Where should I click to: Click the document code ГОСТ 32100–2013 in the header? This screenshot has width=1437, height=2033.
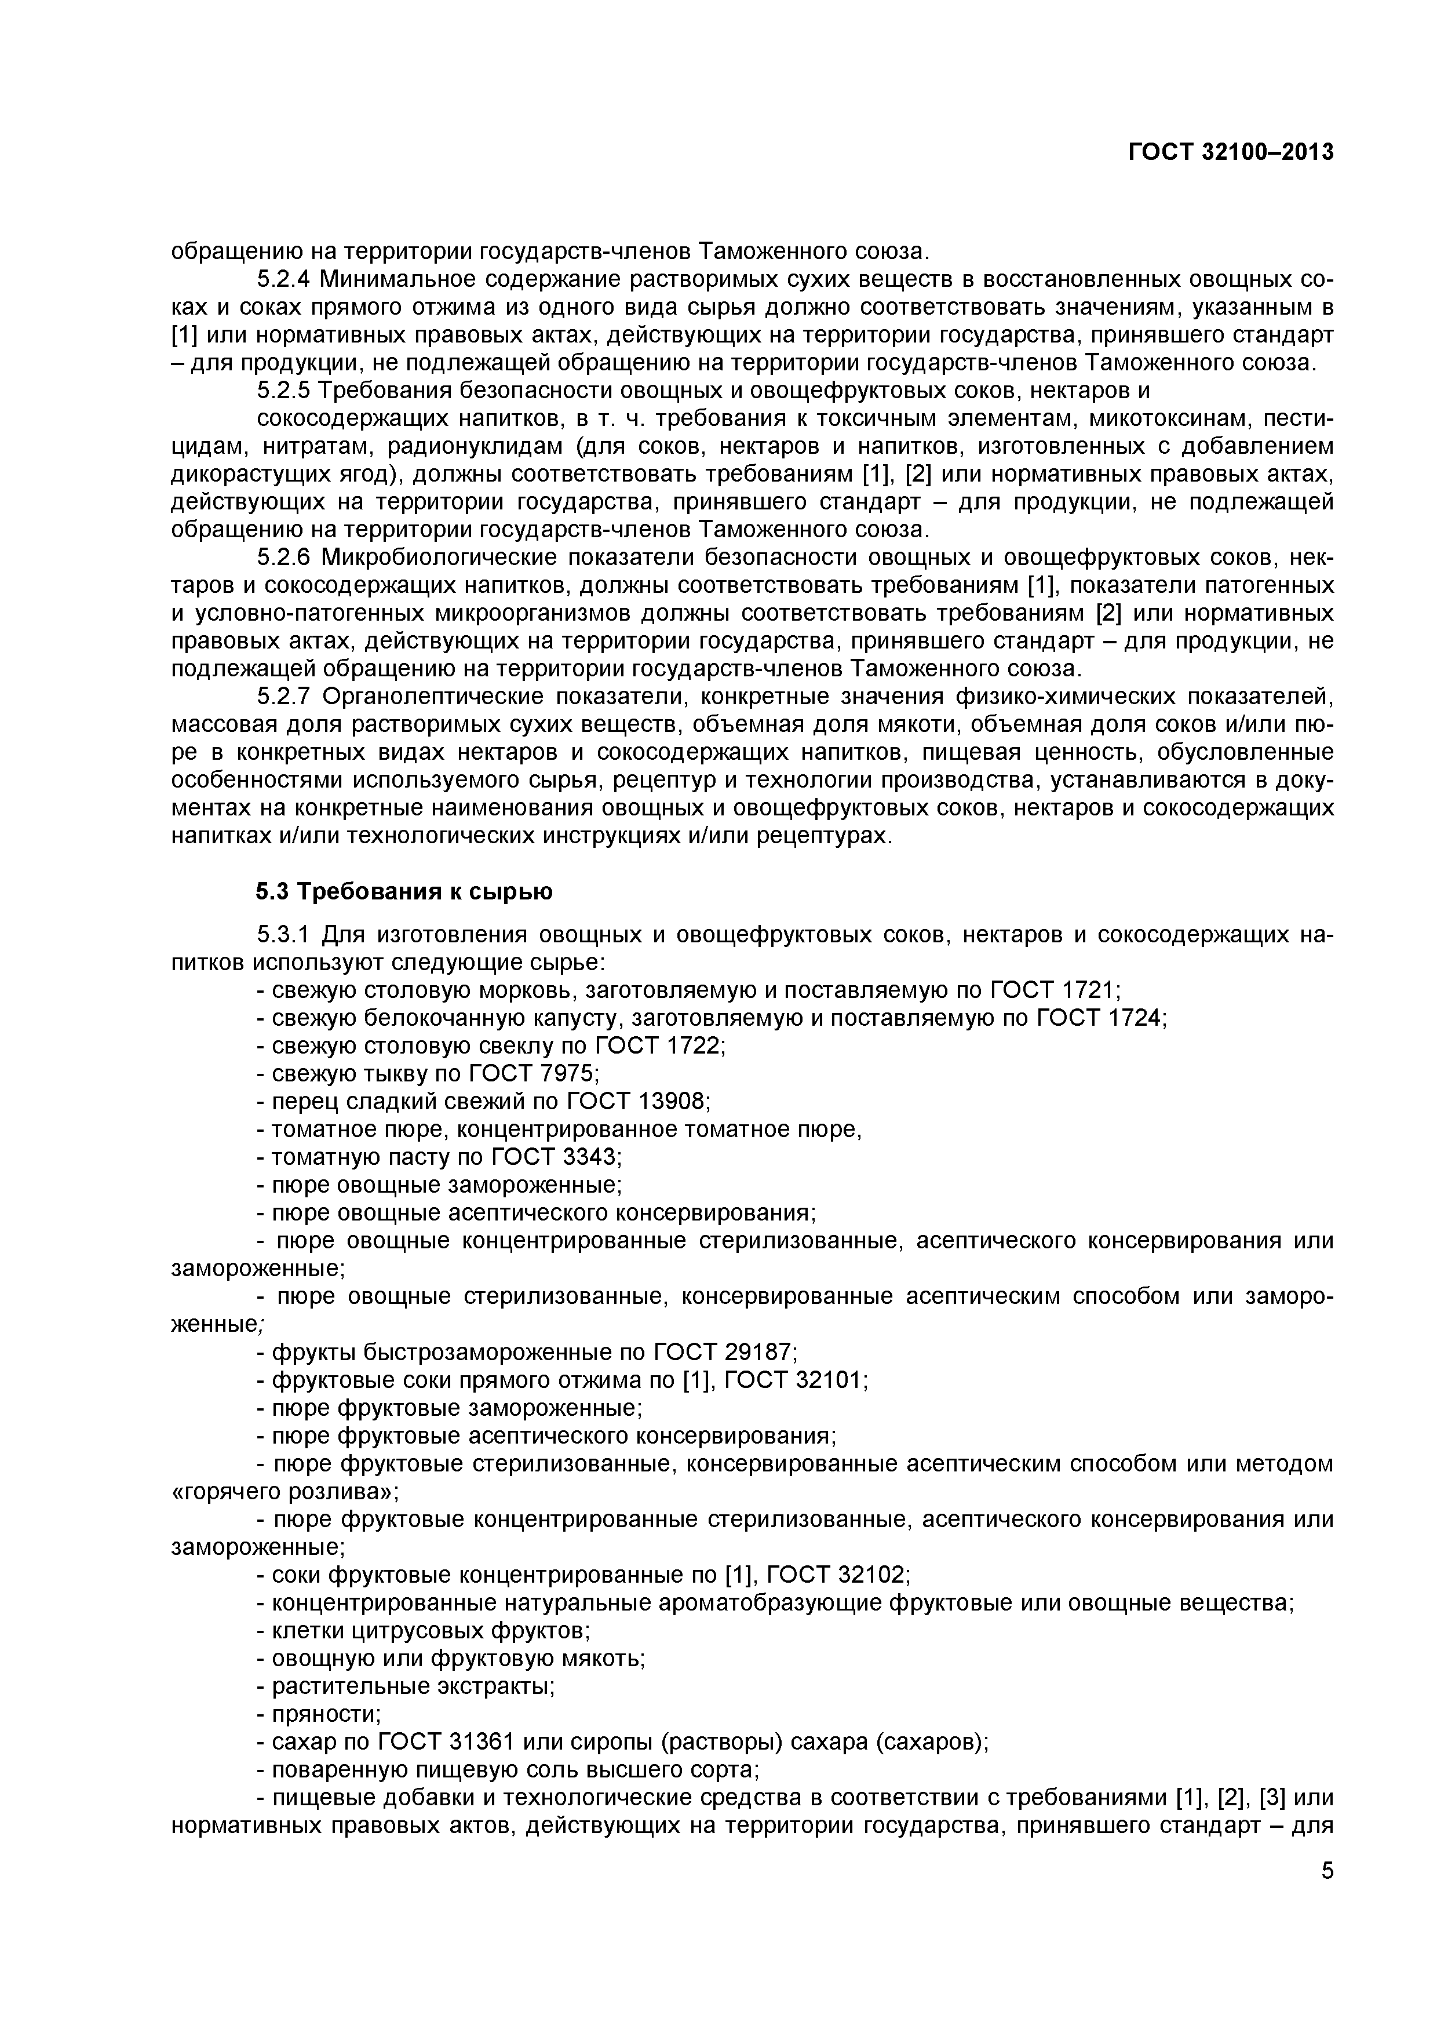point(1231,153)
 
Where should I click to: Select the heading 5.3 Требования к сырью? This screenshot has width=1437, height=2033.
point(404,892)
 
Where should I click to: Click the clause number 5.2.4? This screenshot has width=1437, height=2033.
point(284,280)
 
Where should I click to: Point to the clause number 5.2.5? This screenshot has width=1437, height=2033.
point(284,391)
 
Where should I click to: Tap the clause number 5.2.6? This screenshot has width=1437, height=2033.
point(284,558)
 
